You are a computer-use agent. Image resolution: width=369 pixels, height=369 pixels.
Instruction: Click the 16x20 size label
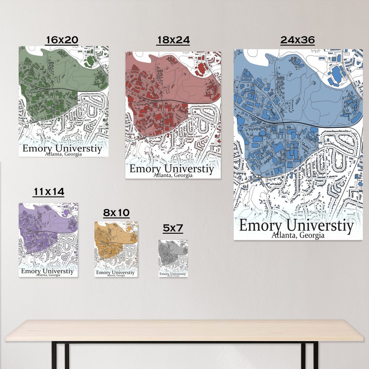(61, 40)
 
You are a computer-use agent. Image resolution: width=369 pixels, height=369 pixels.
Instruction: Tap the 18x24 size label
(173, 40)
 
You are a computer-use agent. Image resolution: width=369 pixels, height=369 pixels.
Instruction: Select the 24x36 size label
(297, 40)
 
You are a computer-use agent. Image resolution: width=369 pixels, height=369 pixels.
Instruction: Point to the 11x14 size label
(48, 191)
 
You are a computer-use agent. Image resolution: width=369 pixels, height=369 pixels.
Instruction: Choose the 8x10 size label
(116, 213)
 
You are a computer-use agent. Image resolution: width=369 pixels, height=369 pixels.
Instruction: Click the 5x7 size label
(173, 228)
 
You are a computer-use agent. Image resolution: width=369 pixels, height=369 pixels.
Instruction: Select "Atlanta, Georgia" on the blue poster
(298, 235)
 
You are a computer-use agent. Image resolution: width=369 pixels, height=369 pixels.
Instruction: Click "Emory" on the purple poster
(31, 271)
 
